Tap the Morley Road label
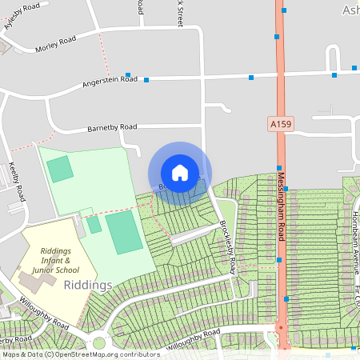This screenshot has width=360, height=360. point(56,43)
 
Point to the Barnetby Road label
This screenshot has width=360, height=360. point(113,126)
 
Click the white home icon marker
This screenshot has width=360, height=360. point(180,172)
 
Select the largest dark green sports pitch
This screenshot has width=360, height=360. point(124,233)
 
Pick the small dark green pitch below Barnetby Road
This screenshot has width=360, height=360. point(59,169)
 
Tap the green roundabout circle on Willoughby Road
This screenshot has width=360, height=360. point(99,343)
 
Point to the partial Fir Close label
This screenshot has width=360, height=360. point(355,300)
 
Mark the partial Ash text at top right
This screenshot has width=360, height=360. point(350,10)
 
